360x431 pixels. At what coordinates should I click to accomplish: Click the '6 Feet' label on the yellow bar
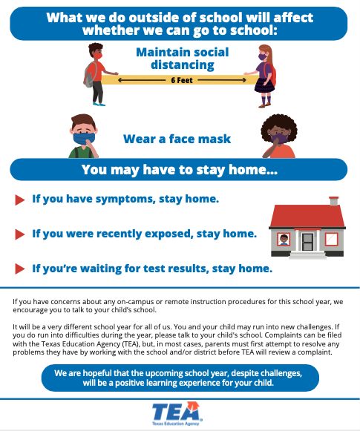pos(182,80)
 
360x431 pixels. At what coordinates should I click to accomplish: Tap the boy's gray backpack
pos(90,74)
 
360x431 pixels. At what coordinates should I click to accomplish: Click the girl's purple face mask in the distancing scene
pos(263,57)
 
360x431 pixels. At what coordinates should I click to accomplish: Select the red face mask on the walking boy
pos(98,56)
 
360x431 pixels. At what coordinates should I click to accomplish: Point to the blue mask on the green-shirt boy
pos(84,138)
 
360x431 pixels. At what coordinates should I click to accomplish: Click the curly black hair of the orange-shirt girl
pos(279,125)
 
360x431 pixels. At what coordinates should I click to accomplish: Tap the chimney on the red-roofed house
pos(333,201)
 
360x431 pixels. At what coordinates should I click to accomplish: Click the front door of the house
pos(307,242)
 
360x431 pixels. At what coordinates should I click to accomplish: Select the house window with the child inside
pos(284,240)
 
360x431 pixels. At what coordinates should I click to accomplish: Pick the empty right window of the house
pos(331,239)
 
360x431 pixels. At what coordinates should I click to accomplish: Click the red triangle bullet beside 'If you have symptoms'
pos(19,200)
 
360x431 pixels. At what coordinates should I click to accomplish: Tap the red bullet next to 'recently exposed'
pos(19,234)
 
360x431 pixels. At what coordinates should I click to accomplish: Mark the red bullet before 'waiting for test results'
pos(19,269)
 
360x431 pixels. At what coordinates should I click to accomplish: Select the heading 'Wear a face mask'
pos(177,139)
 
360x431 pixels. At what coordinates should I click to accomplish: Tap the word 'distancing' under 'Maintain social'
pos(183,65)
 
